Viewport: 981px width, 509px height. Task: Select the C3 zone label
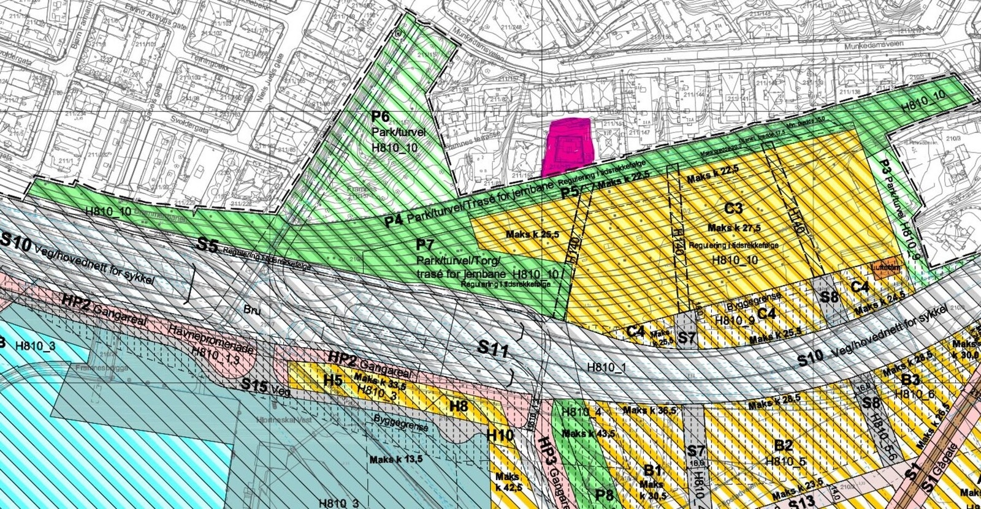click(733, 208)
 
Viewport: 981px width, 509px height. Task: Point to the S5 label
click(207, 246)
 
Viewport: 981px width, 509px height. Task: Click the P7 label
click(426, 246)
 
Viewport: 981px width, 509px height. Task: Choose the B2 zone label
click(784, 445)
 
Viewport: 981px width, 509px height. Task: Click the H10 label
click(500, 435)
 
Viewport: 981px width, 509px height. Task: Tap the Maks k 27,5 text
click(731, 228)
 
